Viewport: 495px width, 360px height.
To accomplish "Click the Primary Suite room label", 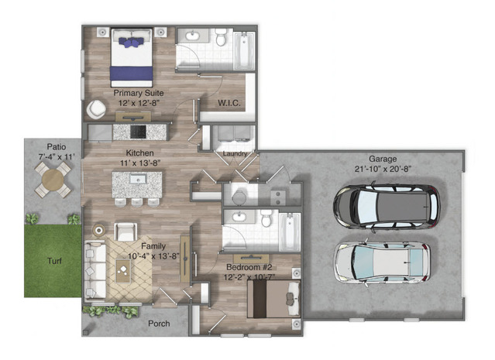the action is [x=139, y=93].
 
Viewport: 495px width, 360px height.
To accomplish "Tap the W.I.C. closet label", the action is [x=229, y=103].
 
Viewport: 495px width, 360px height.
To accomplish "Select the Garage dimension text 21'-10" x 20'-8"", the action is [x=383, y=169].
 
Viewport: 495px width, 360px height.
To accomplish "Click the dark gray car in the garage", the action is [x=387, y=207].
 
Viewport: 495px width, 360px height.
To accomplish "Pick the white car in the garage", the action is [x=383, y=262].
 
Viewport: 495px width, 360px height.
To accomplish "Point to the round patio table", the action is [x=53, y=180].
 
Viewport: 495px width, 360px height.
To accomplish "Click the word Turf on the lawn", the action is [x=54, y=261].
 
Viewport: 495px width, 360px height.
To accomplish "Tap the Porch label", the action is [x=159, y=324].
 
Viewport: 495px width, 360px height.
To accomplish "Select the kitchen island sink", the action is [x=138, y=179].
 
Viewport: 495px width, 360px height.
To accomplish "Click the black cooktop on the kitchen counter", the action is [x=138, y=132].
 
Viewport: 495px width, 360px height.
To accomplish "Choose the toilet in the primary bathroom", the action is [x=221, y=36].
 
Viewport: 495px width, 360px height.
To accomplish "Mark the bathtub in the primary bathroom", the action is [x=244, y=50].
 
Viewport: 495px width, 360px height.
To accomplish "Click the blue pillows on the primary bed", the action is [x=132, y=42].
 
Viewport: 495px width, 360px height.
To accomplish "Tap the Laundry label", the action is [x=235, y=153].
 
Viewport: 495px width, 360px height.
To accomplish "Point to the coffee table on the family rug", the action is [x=123, y=271].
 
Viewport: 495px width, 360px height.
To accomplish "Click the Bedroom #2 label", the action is [x=249, y=267].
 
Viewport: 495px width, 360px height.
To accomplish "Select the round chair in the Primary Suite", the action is [x=96, y=109].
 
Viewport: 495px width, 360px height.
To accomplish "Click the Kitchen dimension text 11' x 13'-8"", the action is [x=140, y=163].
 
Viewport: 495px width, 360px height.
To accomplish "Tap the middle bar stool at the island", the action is [x=136, y=202].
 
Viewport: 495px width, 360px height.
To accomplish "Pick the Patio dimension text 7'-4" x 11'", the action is [x=57, y=157].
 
